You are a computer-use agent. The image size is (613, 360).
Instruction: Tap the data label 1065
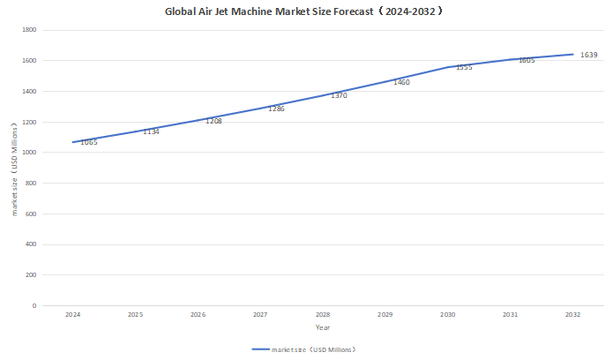pyautogui.click(x=89, y=142)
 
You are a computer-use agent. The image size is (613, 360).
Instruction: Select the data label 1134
pyautogui.click(x=151, y=131)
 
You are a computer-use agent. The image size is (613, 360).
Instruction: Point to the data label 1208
pyautogui.click(x=213, y=121)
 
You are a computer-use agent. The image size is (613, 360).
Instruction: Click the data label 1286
pyautogui.click(x=276, y=109)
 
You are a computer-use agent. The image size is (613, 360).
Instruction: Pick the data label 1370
pyautogui.click(x=339, y=95)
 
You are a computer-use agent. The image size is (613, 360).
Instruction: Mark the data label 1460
pyautogui.click(x=401, y=82)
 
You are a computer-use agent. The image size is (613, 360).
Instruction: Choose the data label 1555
pyautogui.click(x=464, y=67)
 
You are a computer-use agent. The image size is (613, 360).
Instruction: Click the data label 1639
pyautogui.click(x=589, y=55)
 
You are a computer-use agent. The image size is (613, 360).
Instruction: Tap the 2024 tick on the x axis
pyautogui.click(x=73, y=314)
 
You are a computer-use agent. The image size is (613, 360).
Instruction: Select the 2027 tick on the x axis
pyautogui.click(x=260, y=314)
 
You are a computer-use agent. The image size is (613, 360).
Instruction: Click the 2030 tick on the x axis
pyautogui.click(x=448, y=314)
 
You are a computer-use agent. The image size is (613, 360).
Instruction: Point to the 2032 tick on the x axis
pyautogui.click(x=573, y=314)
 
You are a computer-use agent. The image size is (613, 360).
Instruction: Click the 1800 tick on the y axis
pyautogui.click(x=28, y=30)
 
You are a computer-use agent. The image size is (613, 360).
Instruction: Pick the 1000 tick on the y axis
pyautogui.click(x=28, y=153)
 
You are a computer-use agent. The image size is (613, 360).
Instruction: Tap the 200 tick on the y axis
pyautogui.click(x=30, y=275)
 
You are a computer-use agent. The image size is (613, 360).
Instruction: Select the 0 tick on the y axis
pyautogui.click(x=34, y=306)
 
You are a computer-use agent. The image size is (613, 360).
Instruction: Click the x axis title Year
pyautogui.click(x=323, y=327)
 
